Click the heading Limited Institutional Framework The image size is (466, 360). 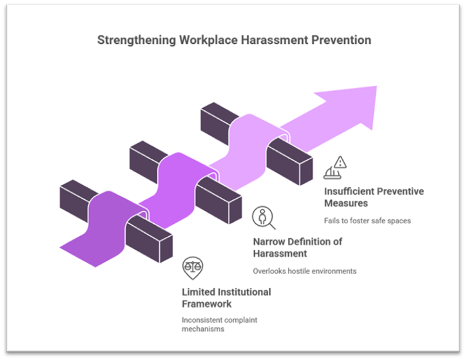click(226, 298)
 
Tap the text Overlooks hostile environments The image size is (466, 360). click(303, 272)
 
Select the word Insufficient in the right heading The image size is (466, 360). click(349, 192)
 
